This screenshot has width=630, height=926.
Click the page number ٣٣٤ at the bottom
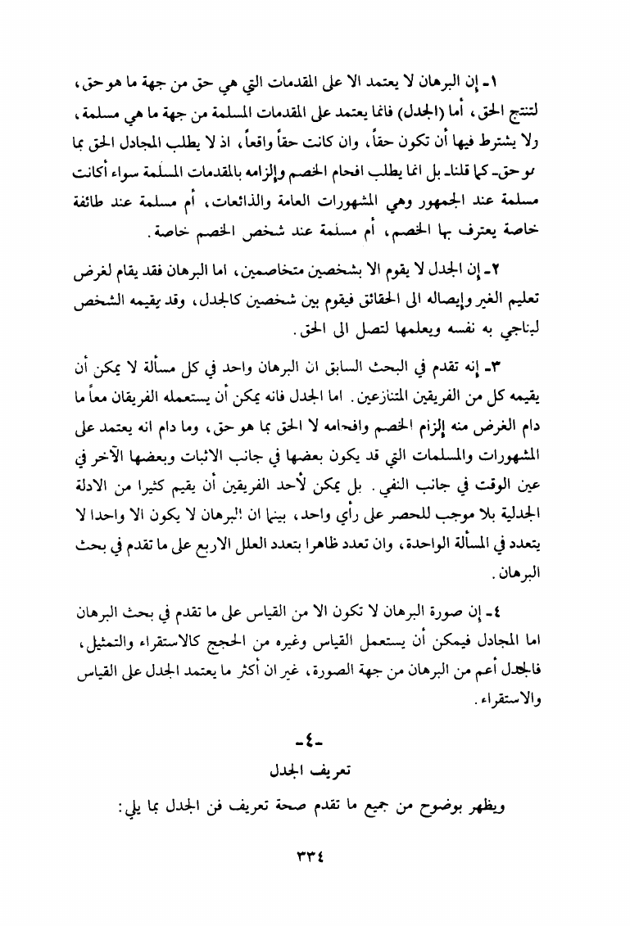coord(314,852)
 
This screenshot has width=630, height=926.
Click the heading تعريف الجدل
coord(314,772)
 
